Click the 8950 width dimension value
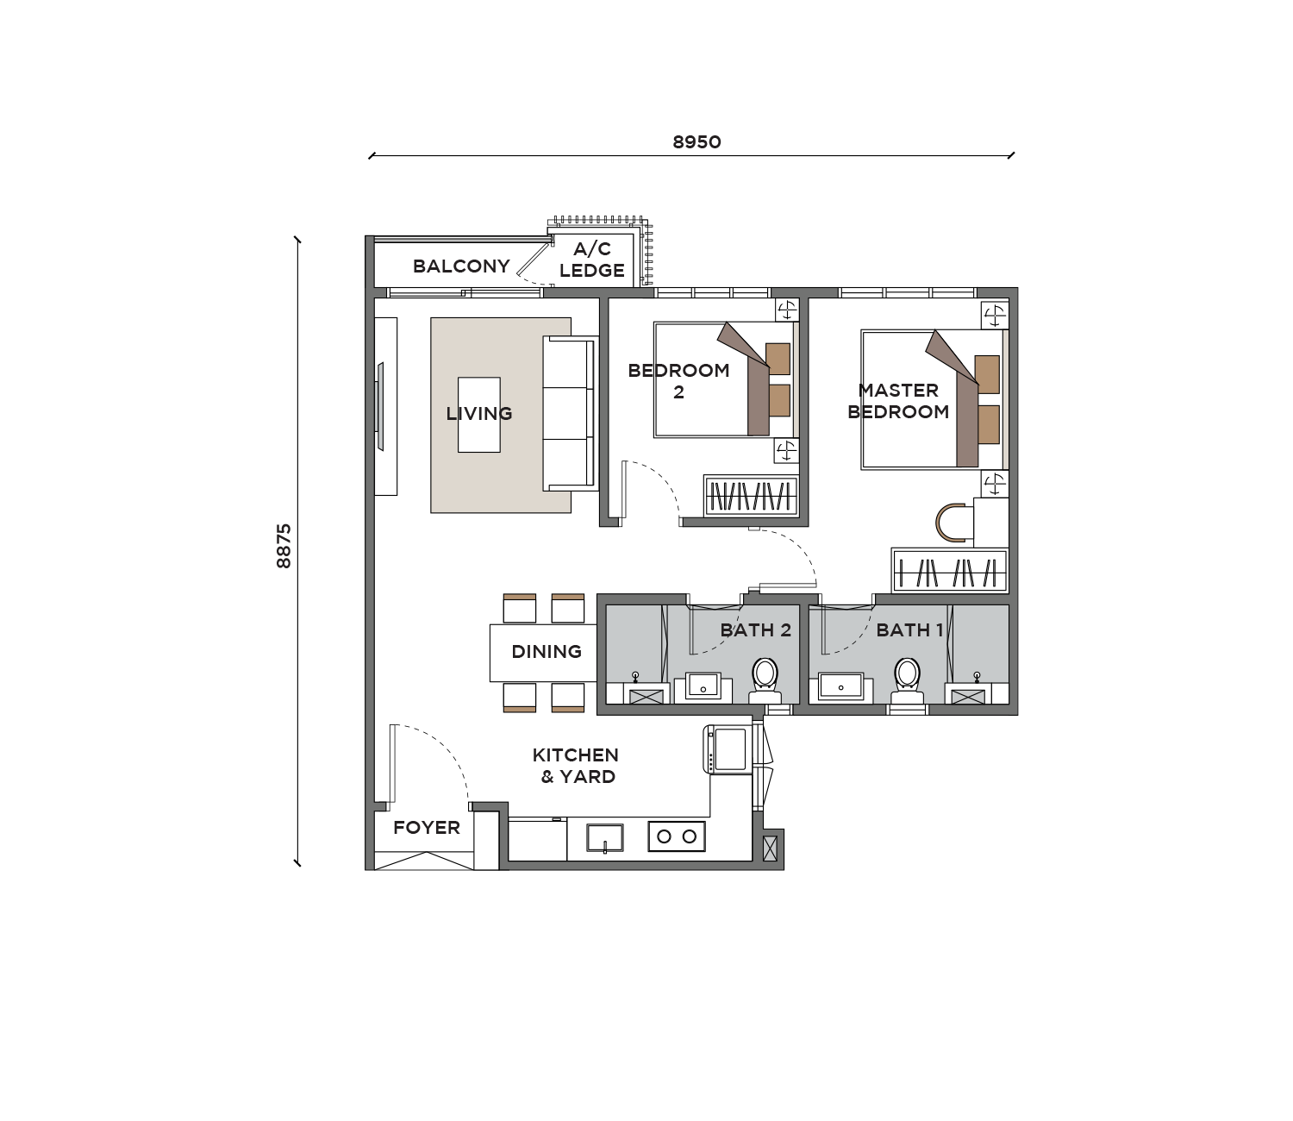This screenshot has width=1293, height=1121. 696,142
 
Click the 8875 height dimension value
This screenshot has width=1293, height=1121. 284,546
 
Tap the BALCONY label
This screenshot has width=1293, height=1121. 461,266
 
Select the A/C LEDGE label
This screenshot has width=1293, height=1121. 592,260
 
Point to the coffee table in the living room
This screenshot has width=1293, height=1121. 478,415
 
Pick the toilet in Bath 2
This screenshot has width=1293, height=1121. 765,681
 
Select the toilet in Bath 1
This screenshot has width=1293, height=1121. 907,681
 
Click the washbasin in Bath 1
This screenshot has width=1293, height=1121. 841,686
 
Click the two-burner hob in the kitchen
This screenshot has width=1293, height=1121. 677,836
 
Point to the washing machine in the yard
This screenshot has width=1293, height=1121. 728,749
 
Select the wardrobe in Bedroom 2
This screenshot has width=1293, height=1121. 752,496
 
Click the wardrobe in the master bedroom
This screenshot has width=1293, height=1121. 950,570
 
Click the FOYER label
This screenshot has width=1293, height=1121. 427,828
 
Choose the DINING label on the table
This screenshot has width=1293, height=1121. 547,652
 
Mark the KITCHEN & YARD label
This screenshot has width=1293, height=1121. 576,766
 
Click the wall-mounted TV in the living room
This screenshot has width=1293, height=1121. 379,406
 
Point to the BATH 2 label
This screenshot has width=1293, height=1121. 756,629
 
